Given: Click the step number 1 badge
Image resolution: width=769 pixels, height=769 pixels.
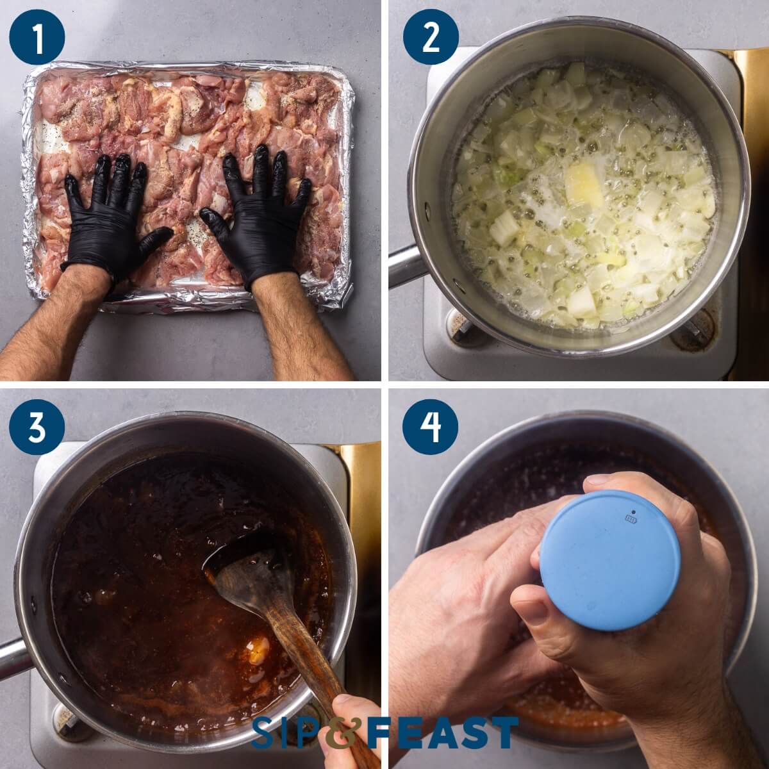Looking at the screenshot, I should [x=37, y=37].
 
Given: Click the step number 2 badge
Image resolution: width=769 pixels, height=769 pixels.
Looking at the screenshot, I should [x=431, y=37].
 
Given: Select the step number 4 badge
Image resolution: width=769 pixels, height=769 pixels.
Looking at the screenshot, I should [x=431, y=428].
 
